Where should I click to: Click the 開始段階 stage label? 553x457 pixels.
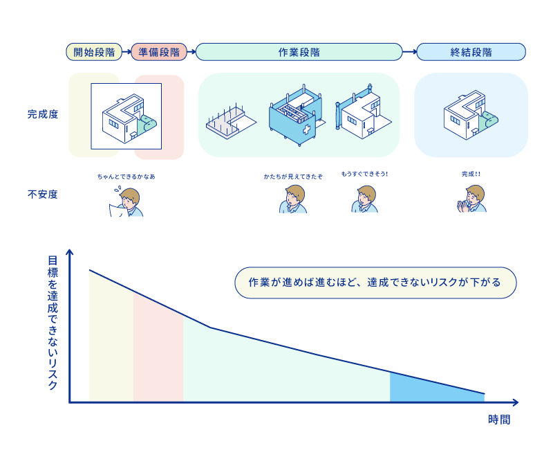[94, 52]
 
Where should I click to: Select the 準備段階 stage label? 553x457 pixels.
[158, 52]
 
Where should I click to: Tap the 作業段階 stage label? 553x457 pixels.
[299, 52]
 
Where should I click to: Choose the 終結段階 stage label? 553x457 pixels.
[471, 52]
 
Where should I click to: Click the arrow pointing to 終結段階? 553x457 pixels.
[409, 52]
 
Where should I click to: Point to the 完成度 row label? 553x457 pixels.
[43, 114]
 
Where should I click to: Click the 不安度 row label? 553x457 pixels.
[43, 195]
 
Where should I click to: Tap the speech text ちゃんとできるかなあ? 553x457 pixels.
[126, 177]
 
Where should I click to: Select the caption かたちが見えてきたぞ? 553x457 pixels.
[293, 177]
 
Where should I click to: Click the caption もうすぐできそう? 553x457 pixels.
[364, 174]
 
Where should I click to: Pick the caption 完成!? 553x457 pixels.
[471, 174]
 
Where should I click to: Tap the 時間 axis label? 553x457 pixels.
[499, 420]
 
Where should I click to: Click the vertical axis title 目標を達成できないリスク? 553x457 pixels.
[53, 323]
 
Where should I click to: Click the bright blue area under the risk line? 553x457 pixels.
[429, 389]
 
